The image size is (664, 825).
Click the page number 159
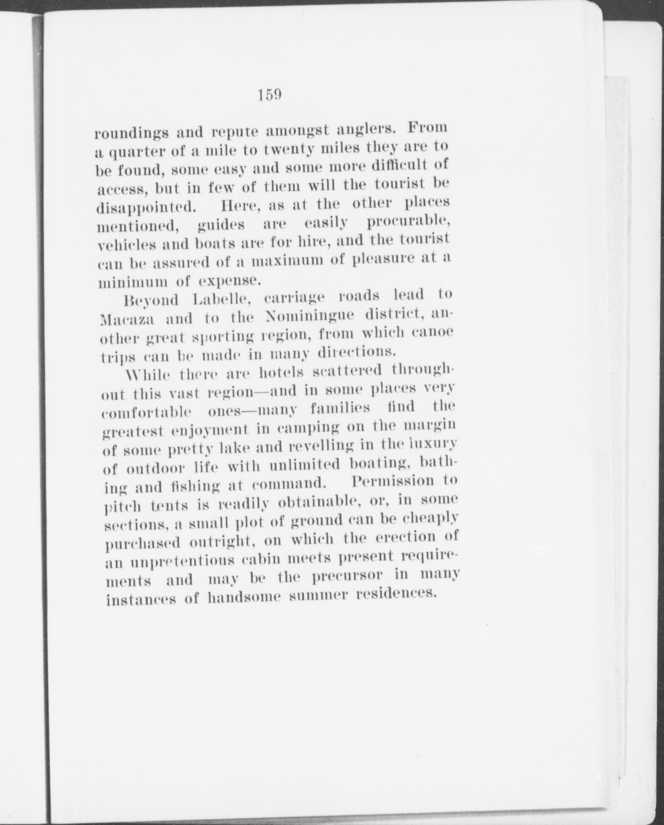[x=269, y=96]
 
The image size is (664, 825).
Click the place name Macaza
[x=128, y=319]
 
